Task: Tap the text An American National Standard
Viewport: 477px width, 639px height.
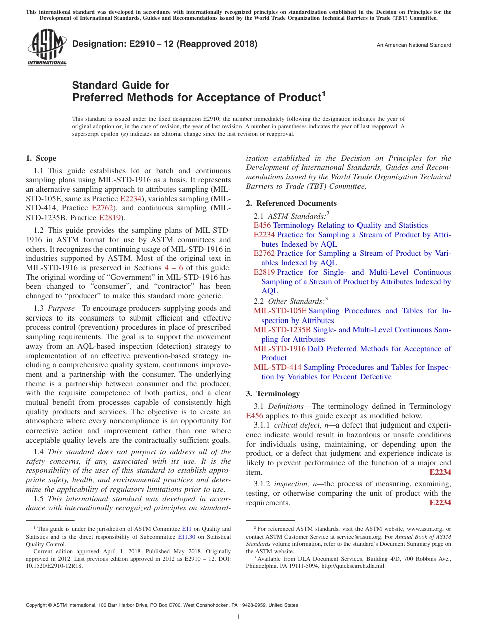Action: click(x=414, y=45)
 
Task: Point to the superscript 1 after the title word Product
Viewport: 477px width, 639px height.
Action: click(x=323, y=93)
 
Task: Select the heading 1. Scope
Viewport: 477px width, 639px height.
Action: click(x=41, y=158)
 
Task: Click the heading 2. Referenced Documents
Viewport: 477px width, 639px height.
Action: click(x=291, y=203)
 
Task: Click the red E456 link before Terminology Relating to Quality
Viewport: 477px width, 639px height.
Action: click(x=262, y=225)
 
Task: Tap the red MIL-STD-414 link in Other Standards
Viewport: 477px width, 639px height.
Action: click(x=278, y=367)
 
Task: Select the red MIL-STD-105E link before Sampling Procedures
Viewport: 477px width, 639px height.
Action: click(x=280, y=311)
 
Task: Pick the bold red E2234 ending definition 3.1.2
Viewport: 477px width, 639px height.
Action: click(x=440, y=503)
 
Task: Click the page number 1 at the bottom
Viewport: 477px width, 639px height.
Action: click(x=238, y=617)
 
